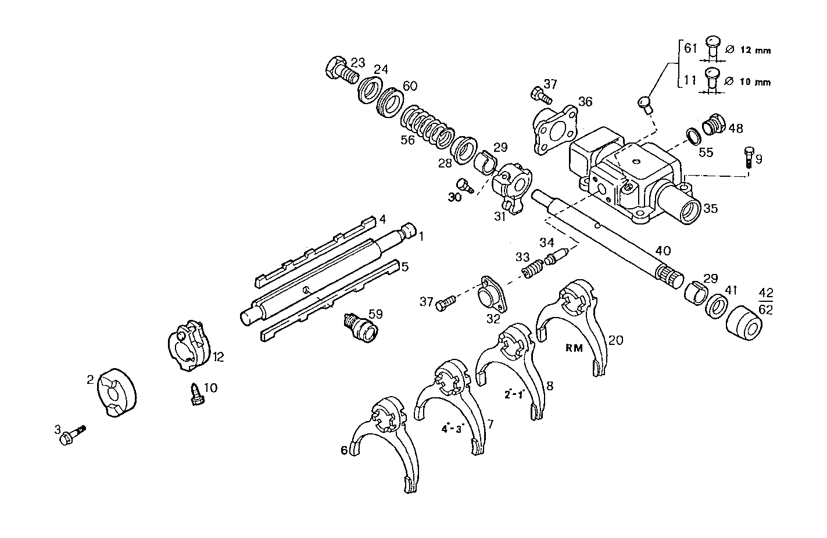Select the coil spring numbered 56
[x=427, y=126]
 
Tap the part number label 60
[x=410, y=86]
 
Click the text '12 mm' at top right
[x=756, y=51]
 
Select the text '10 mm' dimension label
[x=756, y=82]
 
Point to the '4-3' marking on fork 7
[x=452, y=429]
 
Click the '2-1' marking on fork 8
[x=514, y=394]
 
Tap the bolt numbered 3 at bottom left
[x=70, y=434]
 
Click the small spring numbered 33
[x=533, y=269]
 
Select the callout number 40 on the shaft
[x=663, y=251]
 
